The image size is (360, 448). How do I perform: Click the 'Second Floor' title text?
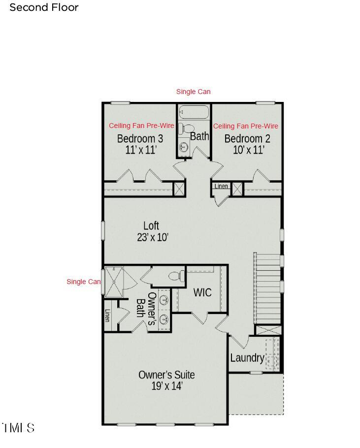click(x=44, y=7)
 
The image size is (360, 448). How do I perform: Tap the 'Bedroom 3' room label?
click(x=140, y=138)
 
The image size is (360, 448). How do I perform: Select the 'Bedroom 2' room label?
click(x=247, y=138)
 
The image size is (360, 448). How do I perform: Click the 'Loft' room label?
click(x=151, y=225)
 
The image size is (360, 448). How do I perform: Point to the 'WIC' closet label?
click(x=202, y=292)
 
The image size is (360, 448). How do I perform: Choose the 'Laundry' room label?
click(x=247, y=358)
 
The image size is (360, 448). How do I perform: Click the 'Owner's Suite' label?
click(x=166, y=375)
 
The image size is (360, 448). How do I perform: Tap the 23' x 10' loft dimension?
click(x=153, y=237)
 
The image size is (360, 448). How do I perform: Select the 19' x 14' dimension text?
click(x=167, y=386)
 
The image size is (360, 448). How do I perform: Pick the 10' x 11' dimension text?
click(x=249, y=150)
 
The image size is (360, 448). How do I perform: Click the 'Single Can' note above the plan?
click(x=194, y=92)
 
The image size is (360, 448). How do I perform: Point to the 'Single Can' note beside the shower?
click(x=84, y=282)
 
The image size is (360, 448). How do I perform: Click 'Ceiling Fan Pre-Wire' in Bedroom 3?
click(x=141, y=126)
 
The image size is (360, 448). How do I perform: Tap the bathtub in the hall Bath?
click(x=194, y=112)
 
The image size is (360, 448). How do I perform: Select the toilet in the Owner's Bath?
click(x=176, y=276)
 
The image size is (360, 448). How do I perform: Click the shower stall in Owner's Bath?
click(x=114, y=282)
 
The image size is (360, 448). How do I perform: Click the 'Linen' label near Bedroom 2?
click(x=221, y=186)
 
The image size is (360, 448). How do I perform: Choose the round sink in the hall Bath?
click(x=184, y=147)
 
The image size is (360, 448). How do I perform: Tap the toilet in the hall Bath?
click(x=184, y=129)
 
